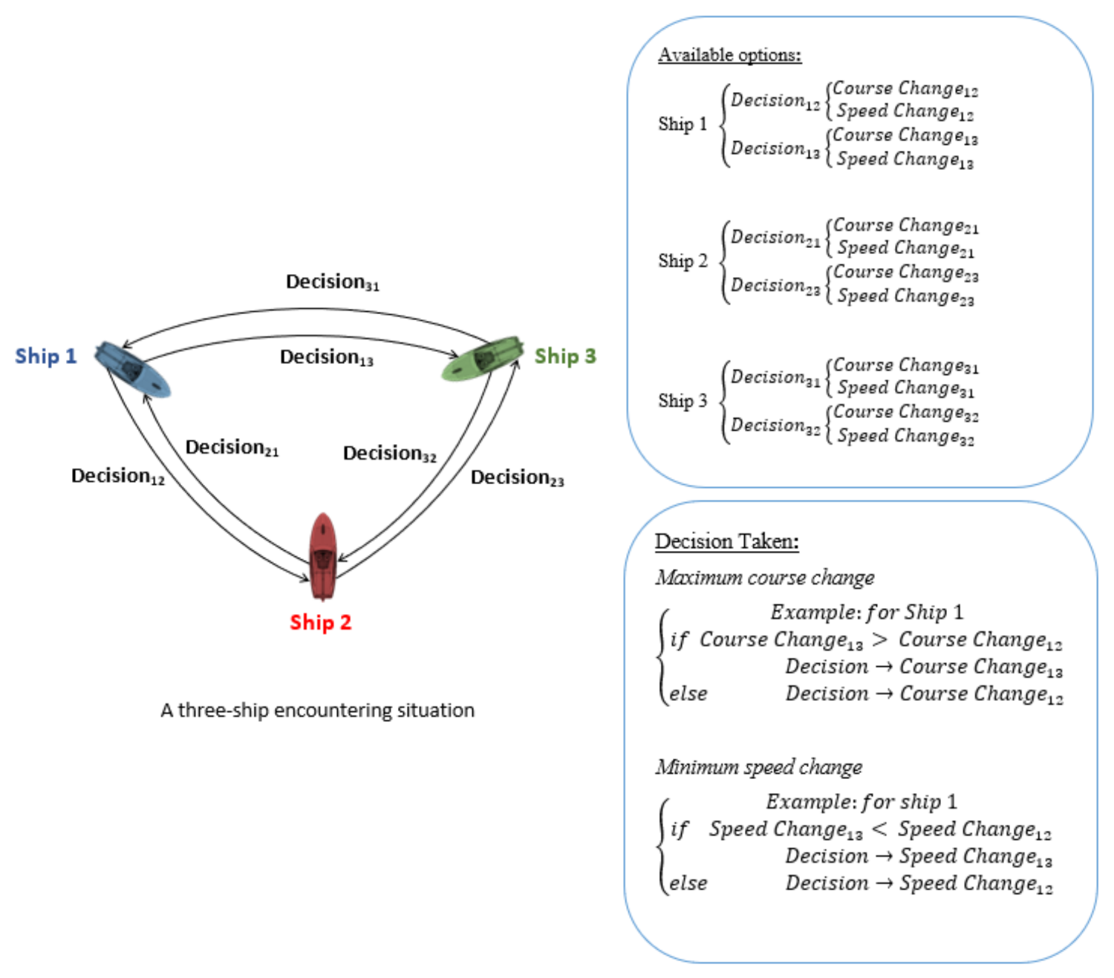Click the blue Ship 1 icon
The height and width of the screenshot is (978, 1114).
click(x=132, y=369)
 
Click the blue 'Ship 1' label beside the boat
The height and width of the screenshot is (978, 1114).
click(x=45, y=356)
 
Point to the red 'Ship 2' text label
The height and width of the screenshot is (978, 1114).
click(x=320, y=622)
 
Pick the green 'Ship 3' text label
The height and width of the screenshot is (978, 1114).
click(x=564, y=356)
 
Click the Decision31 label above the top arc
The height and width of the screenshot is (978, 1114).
click(x=332, y=282)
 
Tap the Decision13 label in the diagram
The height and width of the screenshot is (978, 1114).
click(x=326, y=357)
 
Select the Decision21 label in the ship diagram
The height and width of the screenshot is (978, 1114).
click(x=232, y=448)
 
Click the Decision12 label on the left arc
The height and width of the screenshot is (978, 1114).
click(x=117, y=476)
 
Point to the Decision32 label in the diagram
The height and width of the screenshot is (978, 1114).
click(x=389, y=454)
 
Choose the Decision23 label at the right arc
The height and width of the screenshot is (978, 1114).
click(x=517, y=477)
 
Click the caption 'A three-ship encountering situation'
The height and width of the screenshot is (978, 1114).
click(x=317, y=711)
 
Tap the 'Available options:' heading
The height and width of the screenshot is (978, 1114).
click(x=729, y=55)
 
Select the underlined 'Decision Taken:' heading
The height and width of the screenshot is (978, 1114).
click(x=726, y=541)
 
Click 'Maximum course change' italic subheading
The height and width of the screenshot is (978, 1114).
click(x=764, y=578)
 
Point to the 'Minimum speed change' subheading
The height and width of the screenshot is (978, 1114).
click(x=758, y=767)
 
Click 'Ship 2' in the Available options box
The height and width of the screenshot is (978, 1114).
click(x=683, y=261)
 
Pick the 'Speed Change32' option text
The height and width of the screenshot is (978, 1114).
click(x=905, y=437)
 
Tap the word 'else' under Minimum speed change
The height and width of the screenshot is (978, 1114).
click(x=688, y=883)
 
